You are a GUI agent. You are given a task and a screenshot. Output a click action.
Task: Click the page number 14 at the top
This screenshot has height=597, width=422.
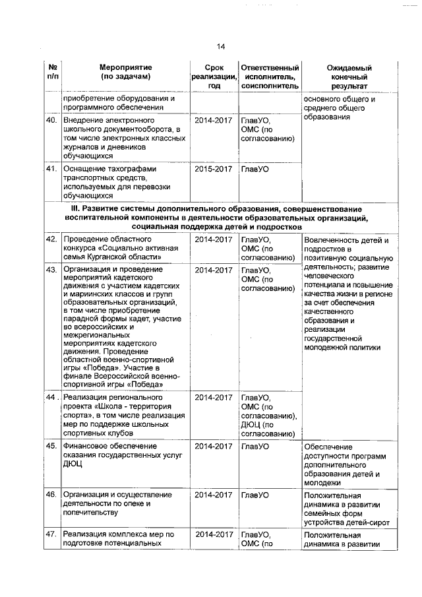(220, 46)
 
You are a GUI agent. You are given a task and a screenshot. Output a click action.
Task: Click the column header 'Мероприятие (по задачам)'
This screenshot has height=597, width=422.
(125, 72)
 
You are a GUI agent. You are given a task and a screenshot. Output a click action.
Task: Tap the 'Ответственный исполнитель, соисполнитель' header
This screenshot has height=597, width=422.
(269, 77)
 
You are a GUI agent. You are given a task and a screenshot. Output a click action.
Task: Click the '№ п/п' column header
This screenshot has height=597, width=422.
(52, 72)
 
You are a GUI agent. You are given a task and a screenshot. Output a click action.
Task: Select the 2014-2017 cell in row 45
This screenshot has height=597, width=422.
(213, 447)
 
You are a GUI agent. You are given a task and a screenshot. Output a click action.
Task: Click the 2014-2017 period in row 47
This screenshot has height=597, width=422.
(213, 535)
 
